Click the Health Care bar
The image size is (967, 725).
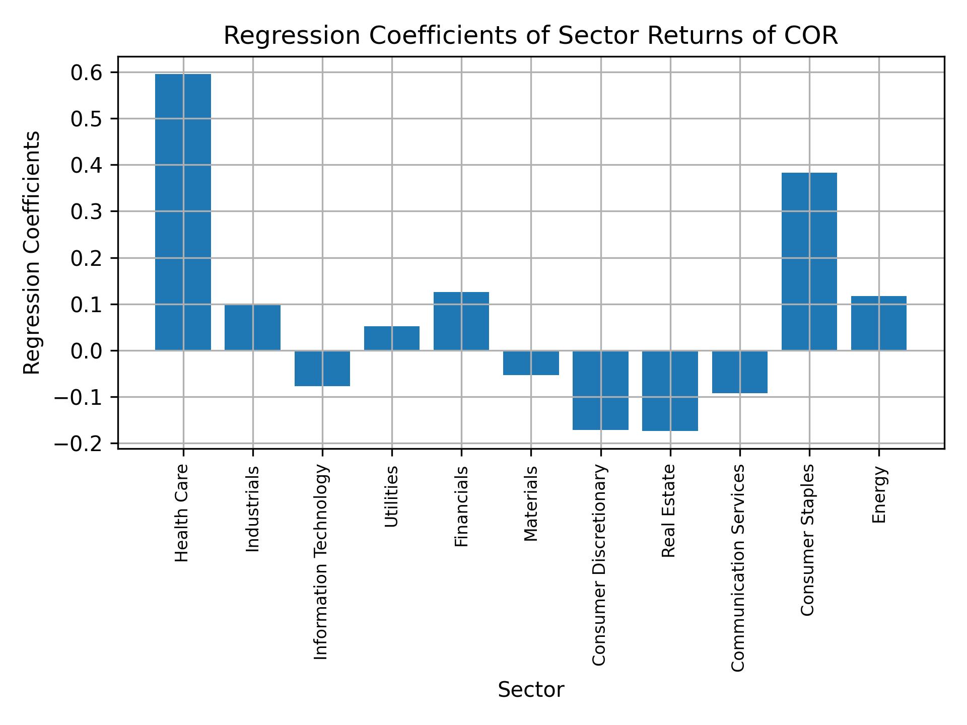point(183,212)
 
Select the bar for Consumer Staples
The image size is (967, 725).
point(809,261)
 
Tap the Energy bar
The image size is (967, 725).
point(878,323)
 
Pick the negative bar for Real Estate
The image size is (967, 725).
point(670,391)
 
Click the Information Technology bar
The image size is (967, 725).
point(322,368)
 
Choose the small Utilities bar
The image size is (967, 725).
point(392,338)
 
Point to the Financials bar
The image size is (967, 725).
point(461,321)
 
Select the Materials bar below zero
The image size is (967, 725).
point(531,363)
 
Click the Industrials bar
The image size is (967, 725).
point(252,327)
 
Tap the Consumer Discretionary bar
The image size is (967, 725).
point(600,390)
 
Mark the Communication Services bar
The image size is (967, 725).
point(739,372)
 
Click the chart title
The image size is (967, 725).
point(530,36)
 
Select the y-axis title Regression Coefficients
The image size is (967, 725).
point(32,252)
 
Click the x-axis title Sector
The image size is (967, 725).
point(530,690)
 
